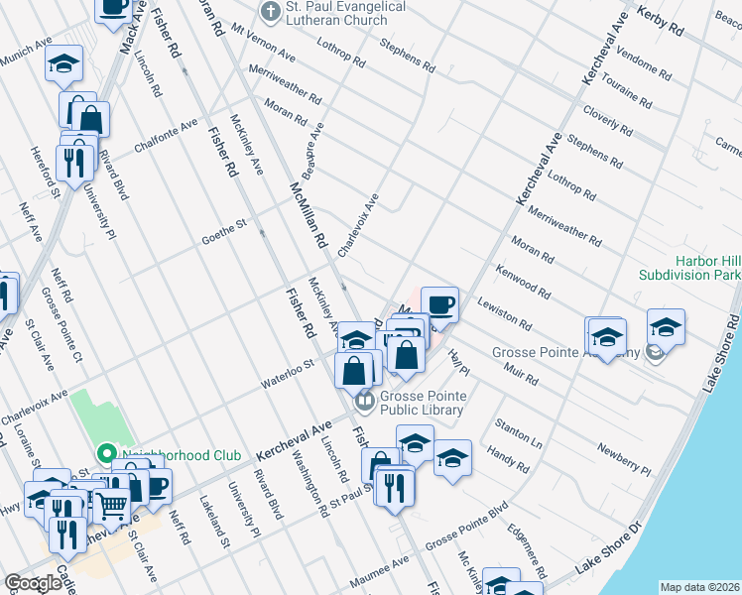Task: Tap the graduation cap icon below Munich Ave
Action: click(x=64, y=65)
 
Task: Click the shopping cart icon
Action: click(x=110, y=507)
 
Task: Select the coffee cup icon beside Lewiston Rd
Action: click(x=439, y=303)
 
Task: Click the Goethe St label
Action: click(x=223, y=229)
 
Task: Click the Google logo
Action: click(x=33, y=583)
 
